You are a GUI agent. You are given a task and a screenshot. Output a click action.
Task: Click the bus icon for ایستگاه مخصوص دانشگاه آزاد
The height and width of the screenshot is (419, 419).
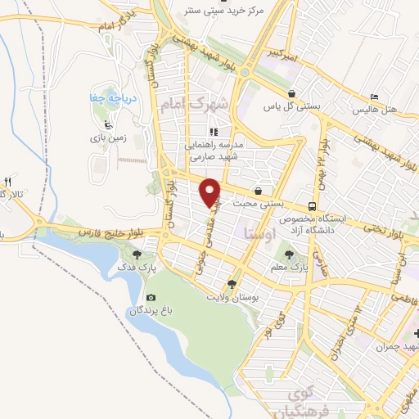pos(311,206)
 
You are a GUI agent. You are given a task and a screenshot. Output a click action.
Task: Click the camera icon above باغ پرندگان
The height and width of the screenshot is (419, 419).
pos(150,298)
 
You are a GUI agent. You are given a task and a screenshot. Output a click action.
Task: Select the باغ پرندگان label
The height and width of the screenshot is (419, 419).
pos(149,312)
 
